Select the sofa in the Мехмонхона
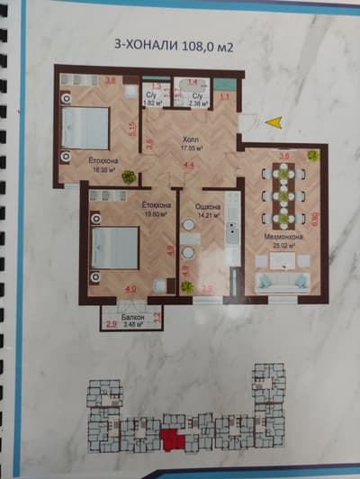click(282, 281)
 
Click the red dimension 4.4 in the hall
click(189, 166)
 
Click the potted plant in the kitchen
click(187, 285)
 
